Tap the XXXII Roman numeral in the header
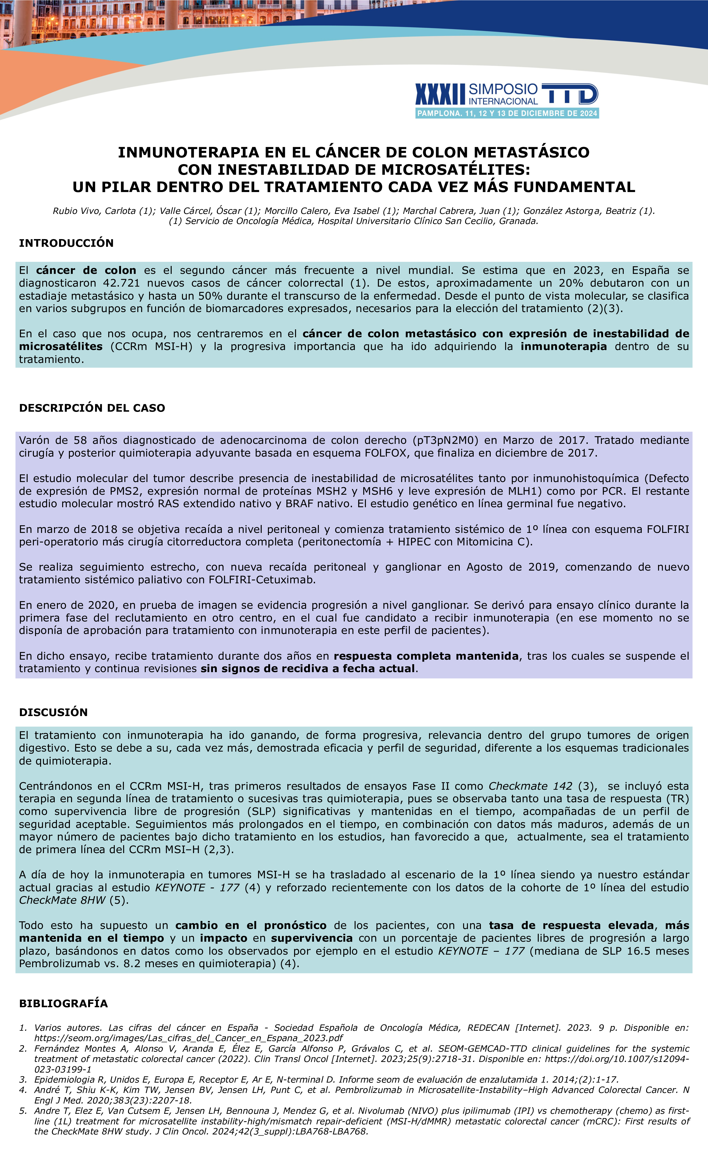click(440, 94)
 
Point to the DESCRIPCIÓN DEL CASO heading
click(92, 408)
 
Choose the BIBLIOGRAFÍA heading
click(63, 1003)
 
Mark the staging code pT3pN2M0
click(445, 440)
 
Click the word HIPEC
click(414, 542)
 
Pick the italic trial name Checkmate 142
click(531, 786)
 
